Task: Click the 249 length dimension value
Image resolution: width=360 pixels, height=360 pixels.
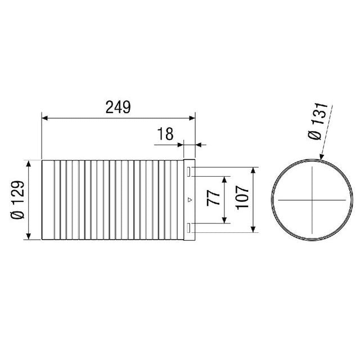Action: click(x=118, y=107)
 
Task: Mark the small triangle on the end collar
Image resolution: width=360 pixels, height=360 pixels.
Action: click(x=190, y=200)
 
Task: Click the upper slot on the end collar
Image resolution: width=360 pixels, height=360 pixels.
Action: click(x=190, y=170)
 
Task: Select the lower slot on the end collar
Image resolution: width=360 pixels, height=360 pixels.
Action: click(x=190, y=228)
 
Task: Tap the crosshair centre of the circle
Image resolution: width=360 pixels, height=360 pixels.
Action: click(x=310, y=200)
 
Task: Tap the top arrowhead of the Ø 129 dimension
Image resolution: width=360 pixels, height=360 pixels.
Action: click(x=29, y=163)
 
